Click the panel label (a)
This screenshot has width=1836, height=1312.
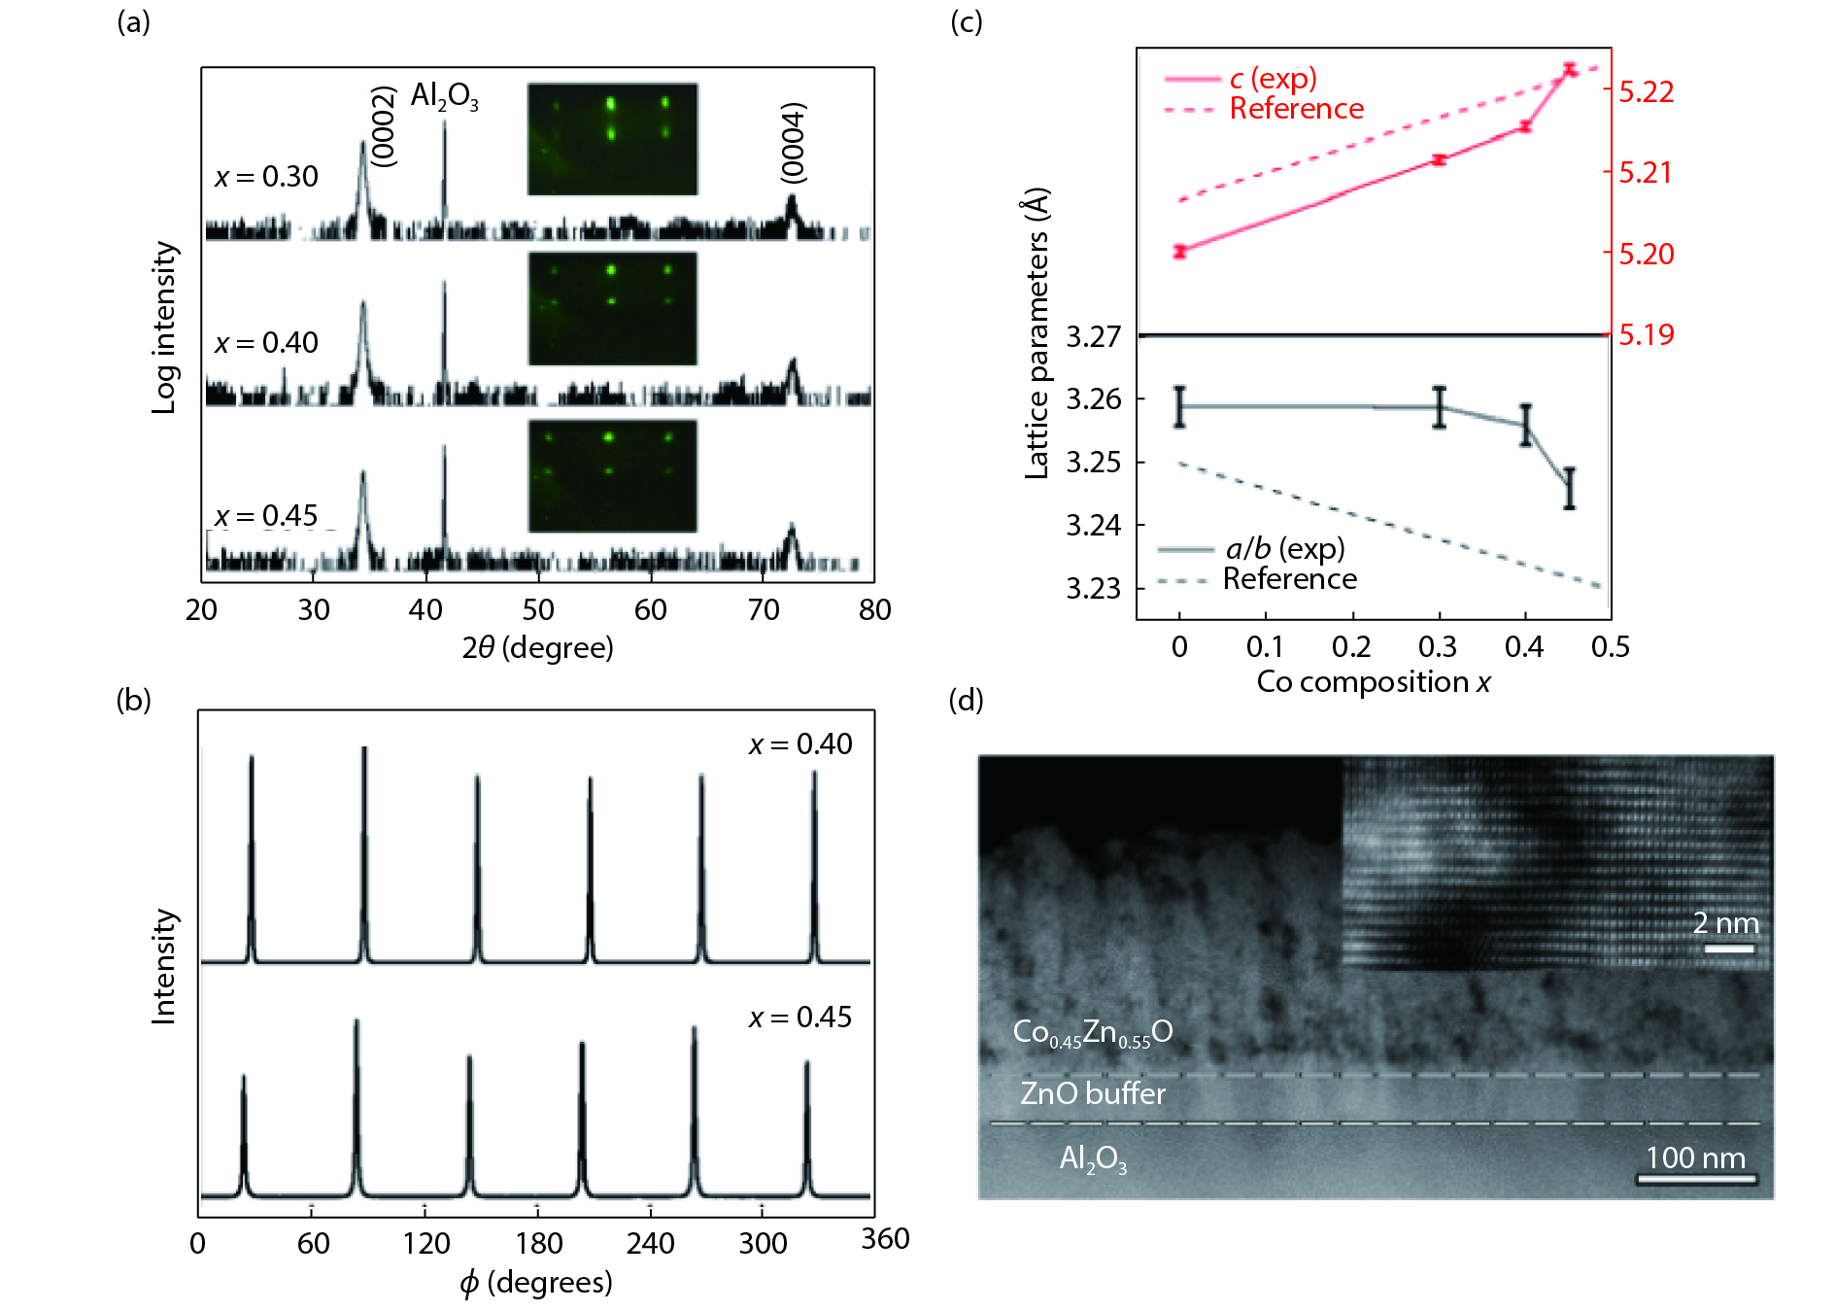(133, 21)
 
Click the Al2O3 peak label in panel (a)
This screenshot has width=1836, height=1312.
(444, 96)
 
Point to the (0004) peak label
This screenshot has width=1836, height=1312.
(794, 142)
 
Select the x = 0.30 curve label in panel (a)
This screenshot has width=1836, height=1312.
(266, 177)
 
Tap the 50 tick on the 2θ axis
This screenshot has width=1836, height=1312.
(538, 610)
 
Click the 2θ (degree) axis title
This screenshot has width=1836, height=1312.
(537, 648)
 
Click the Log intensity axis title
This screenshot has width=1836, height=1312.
(165, 328)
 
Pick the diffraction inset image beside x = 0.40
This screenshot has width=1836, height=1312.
(612, 308)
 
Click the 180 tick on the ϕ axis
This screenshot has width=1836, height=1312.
(539, 1243)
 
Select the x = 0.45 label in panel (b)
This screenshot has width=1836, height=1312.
(799, 1018)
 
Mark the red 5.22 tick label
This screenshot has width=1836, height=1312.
(1647, 92)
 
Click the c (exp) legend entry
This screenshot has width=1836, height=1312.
(1273, 78)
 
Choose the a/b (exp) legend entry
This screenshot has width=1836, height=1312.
(1284, 549)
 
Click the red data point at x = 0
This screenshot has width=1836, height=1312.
(1180, 252)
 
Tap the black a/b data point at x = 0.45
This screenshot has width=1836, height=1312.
(1570, 488)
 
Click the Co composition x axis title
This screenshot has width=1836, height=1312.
(1373, 682)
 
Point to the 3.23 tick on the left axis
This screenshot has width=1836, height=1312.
(1093, 589)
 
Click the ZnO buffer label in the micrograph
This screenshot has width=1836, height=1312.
(1092, 1094)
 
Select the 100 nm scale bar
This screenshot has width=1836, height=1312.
(1696, 1180)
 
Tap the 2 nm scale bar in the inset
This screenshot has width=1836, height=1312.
(1729, 949)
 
